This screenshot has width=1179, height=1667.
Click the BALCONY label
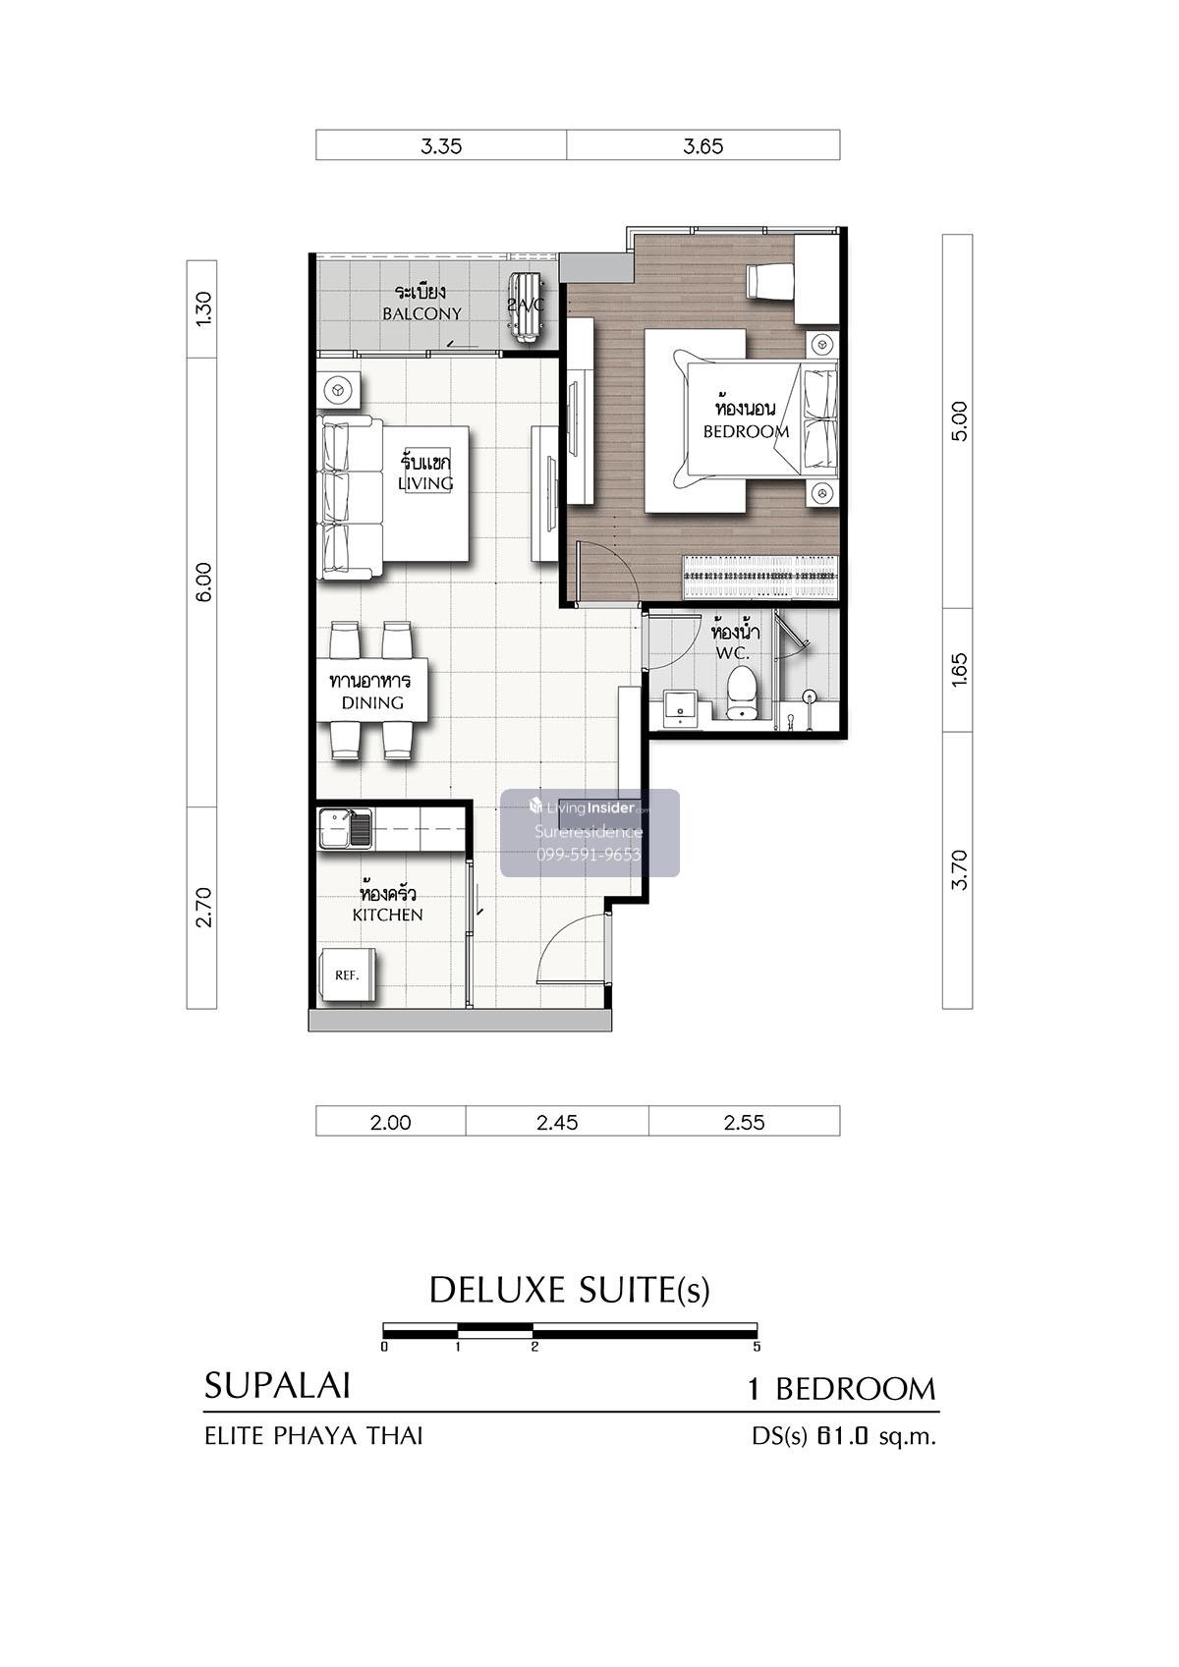tap(421, 313)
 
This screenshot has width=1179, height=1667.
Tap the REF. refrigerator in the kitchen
tap(347, 975)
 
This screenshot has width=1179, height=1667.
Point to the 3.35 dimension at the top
tap(440, 145)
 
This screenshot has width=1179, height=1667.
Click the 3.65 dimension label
tap(702, 145)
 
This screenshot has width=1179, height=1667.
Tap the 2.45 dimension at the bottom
tap(557, 1122)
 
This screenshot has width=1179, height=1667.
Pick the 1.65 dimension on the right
tap(960, 670)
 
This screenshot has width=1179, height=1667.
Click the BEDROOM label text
tap(746, 431)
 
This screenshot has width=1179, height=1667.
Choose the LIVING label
tap(425, 483)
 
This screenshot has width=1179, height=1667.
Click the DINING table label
tap(372, 701)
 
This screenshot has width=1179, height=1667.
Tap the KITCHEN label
tap(387, 915)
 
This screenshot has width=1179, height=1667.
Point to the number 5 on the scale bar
tap(757, 1347)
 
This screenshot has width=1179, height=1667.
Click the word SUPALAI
tap(277, 1386)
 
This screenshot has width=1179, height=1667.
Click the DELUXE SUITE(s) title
tap(570, 1291)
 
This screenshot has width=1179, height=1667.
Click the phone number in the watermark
tap(589, 855)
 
